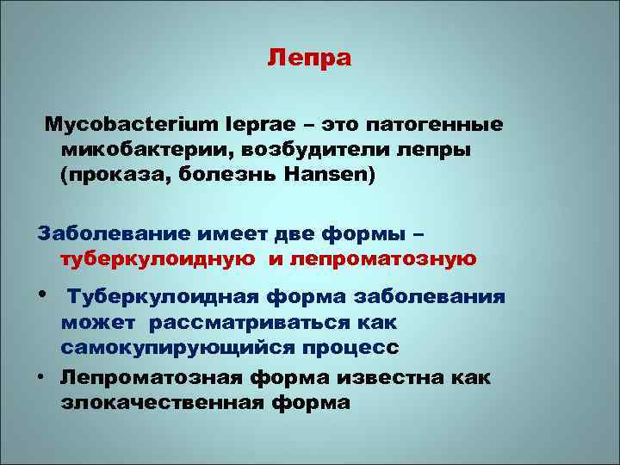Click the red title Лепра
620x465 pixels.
click(x=309, y=59)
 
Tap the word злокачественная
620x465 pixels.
click(x=155, y=402)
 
